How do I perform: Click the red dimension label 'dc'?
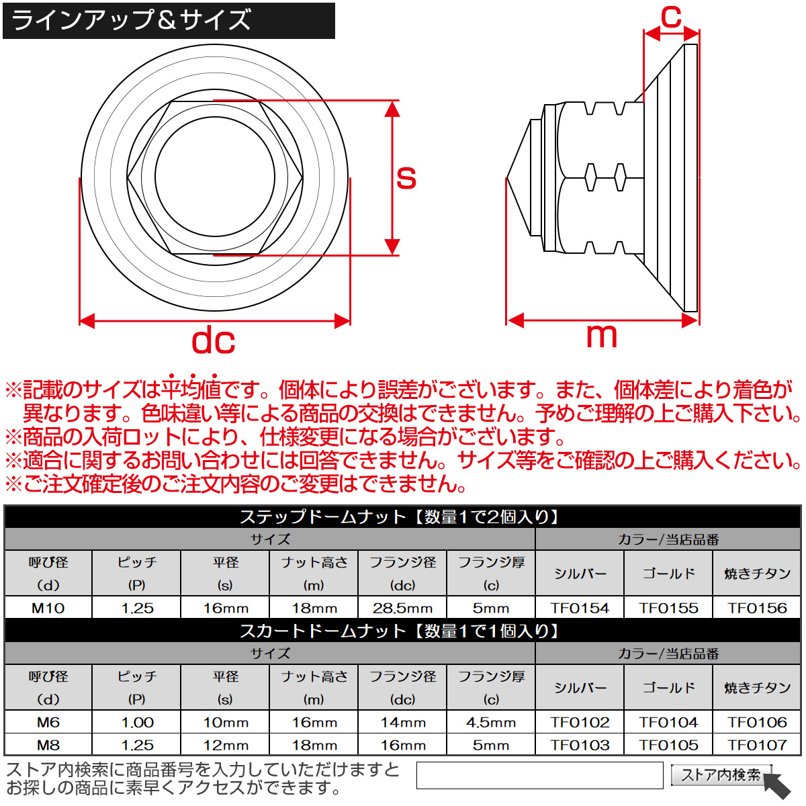[214, 341]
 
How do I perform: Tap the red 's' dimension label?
[406, 177]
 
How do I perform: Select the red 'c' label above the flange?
[671, 17]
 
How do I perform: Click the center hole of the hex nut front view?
[214, 176]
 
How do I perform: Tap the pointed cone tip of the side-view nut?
[507, 178]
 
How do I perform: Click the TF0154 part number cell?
[580, 608]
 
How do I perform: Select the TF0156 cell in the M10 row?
[757, 608]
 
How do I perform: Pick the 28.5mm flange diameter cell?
[402, 608]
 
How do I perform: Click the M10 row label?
[48, 608]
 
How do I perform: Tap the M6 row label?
[48, 722]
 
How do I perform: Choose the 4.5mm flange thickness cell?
[491, 722]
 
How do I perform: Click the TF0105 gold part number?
[668, 745]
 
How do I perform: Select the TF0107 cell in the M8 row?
[757, 745]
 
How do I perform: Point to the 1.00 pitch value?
[137, 722]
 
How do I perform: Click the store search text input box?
[539, 775]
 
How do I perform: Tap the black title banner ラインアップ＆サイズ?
[169, 21]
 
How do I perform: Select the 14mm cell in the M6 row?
[402, 722]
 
